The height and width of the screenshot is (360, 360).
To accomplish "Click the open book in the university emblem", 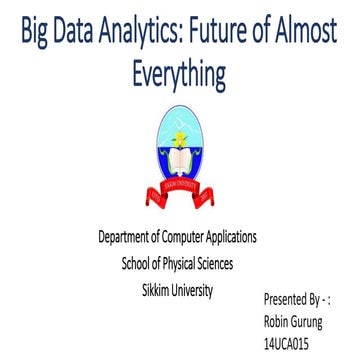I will tap(180, 159).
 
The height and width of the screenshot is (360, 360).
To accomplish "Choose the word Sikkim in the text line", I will tap(159, 291).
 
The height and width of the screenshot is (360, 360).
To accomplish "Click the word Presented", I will tap(287, 298).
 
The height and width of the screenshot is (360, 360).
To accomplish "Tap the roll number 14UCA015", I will tap(288, 344).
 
